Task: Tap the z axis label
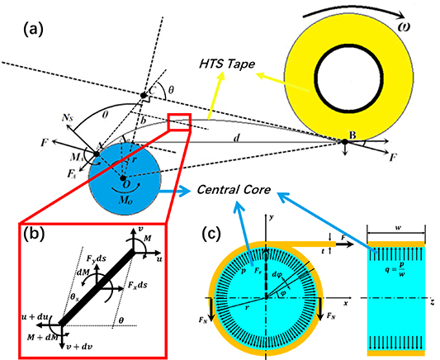tap(433, 303)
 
